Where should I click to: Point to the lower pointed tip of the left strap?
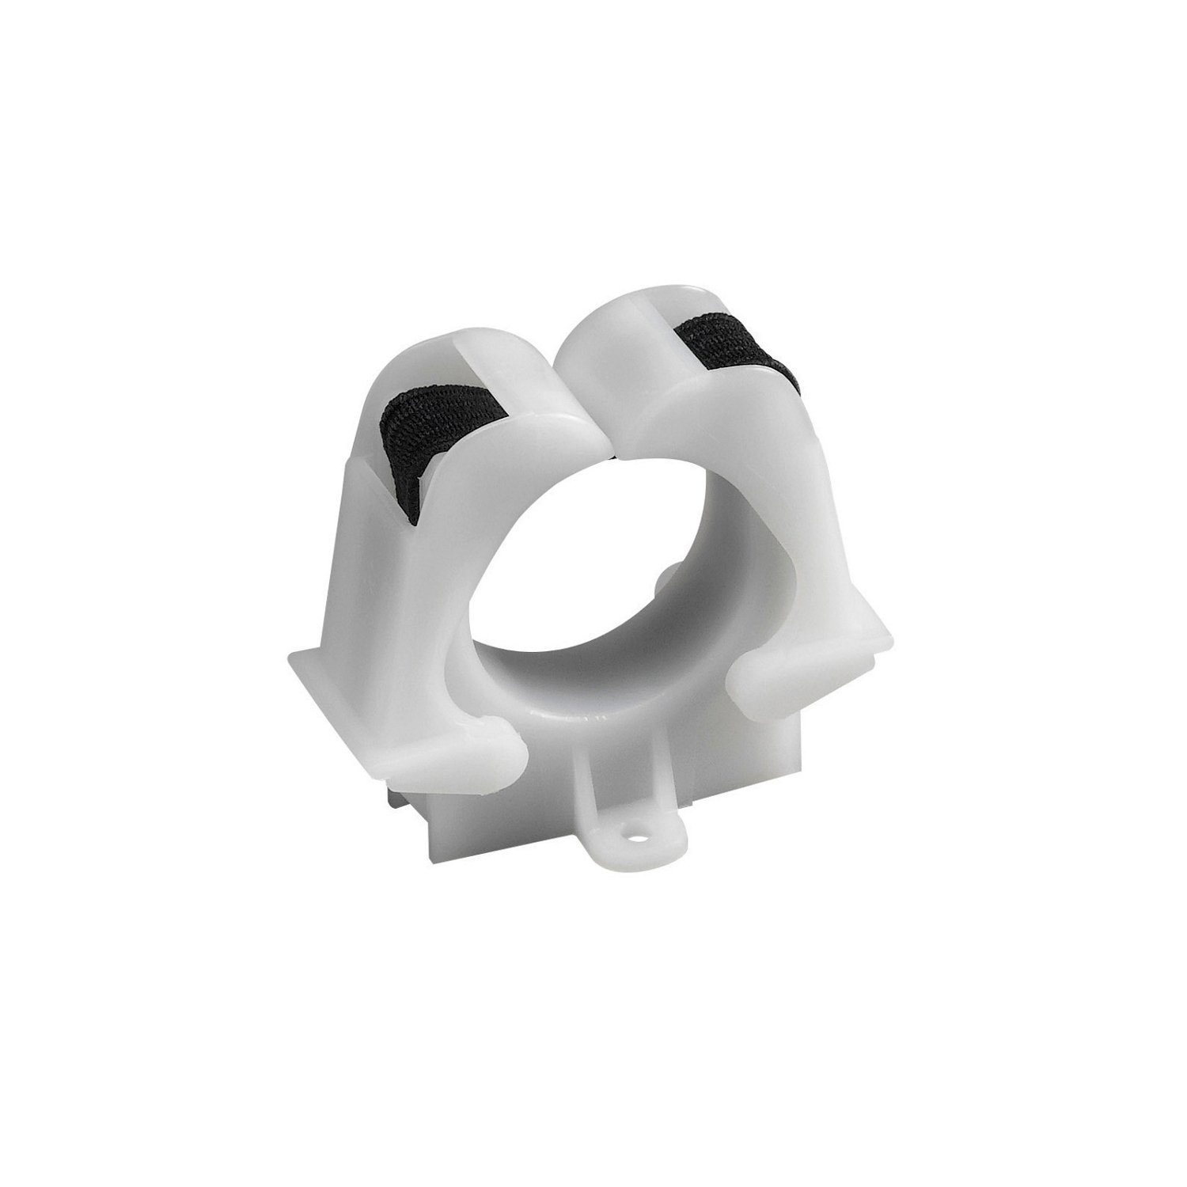click(x=415, y=518)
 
